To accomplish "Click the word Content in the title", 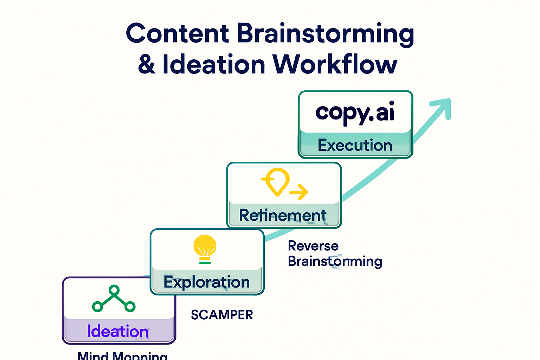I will [x=178, y=33].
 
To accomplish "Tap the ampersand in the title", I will [x=147, y=64].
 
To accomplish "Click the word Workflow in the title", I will [x=335, y=64].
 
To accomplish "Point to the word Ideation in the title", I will [x=214, y=64].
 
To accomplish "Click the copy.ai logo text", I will [x=355, y=113].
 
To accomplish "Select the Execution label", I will [x=355, y=145].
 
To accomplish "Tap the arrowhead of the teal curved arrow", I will [x=442, y=106].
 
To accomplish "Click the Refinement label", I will [x=283, y=215].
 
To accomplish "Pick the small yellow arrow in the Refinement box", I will [x=298, y=192].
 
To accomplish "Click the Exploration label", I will [x=207, y=282].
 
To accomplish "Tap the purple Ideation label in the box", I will [x=118, y=332].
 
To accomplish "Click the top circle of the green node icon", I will [x=114, y=290].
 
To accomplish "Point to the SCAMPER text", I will [x=222, y=315].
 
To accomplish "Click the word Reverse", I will [x=313, y=246].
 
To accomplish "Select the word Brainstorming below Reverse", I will [x=335, y=262].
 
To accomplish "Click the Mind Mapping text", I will [x=122, y=355].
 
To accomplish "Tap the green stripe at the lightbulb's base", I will [x=205, y=262].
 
